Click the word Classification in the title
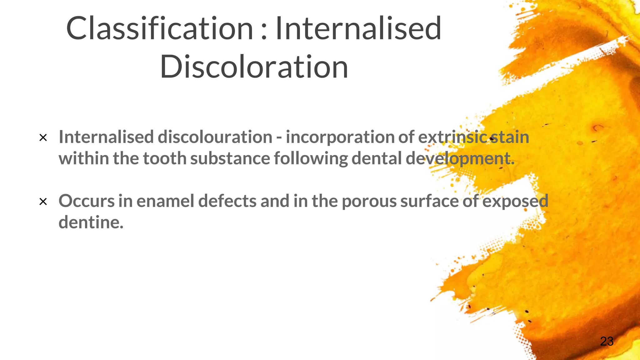point(159,29)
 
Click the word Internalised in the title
point(358,29)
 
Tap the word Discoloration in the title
point(254,67)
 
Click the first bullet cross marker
point(43,138)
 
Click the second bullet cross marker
point(43,202)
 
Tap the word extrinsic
point(452,137)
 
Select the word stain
point(509,137)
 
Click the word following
point(311,159)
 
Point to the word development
point(460,159)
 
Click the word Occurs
point(87,201)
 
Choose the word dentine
point(91,222)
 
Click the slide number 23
point(607,341)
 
